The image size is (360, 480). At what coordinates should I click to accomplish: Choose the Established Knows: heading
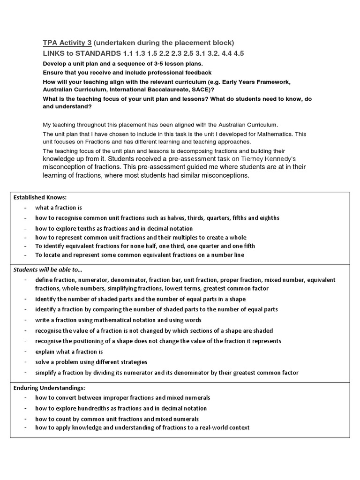40,197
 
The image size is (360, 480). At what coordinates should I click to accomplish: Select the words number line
226,255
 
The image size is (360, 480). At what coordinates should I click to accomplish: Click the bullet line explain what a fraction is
69,352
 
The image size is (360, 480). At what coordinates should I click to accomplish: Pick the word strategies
132,362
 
